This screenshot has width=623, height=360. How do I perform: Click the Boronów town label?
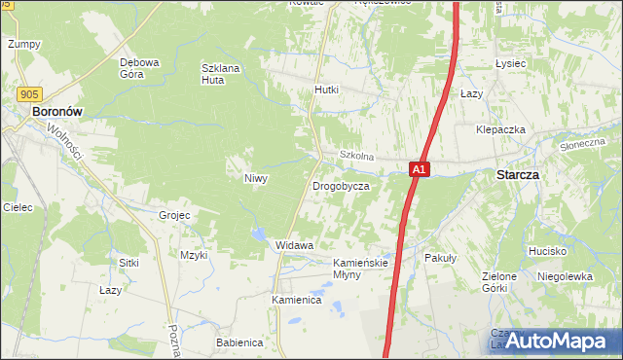click(x=63, y=112)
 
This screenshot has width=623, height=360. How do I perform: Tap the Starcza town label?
click(x=518, y=174)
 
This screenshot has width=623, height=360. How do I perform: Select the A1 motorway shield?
click(x=418, y=169)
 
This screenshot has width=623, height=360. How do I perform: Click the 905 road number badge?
click(x=28, y=93)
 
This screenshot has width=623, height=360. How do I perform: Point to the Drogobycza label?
click(x=341, y=186)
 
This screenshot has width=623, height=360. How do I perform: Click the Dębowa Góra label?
click(x=139, y=68)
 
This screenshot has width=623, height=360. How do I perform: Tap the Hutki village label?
click(x=326, y=90)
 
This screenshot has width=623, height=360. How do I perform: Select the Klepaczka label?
click(x=500, y=129)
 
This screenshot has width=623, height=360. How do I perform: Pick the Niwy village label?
click(x=255, y=178)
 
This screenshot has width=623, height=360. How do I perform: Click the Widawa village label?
click(x=294, y=245)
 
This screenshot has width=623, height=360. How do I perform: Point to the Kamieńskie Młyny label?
click(x=361, y=269)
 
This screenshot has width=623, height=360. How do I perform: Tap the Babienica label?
click(x=239, y=342)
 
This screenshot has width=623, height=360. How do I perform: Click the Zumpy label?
click(x=23, y=44)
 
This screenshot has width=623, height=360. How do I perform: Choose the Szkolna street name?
click(x=356, y=156)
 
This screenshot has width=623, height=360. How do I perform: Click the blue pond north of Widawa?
click(x=258, y=234)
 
